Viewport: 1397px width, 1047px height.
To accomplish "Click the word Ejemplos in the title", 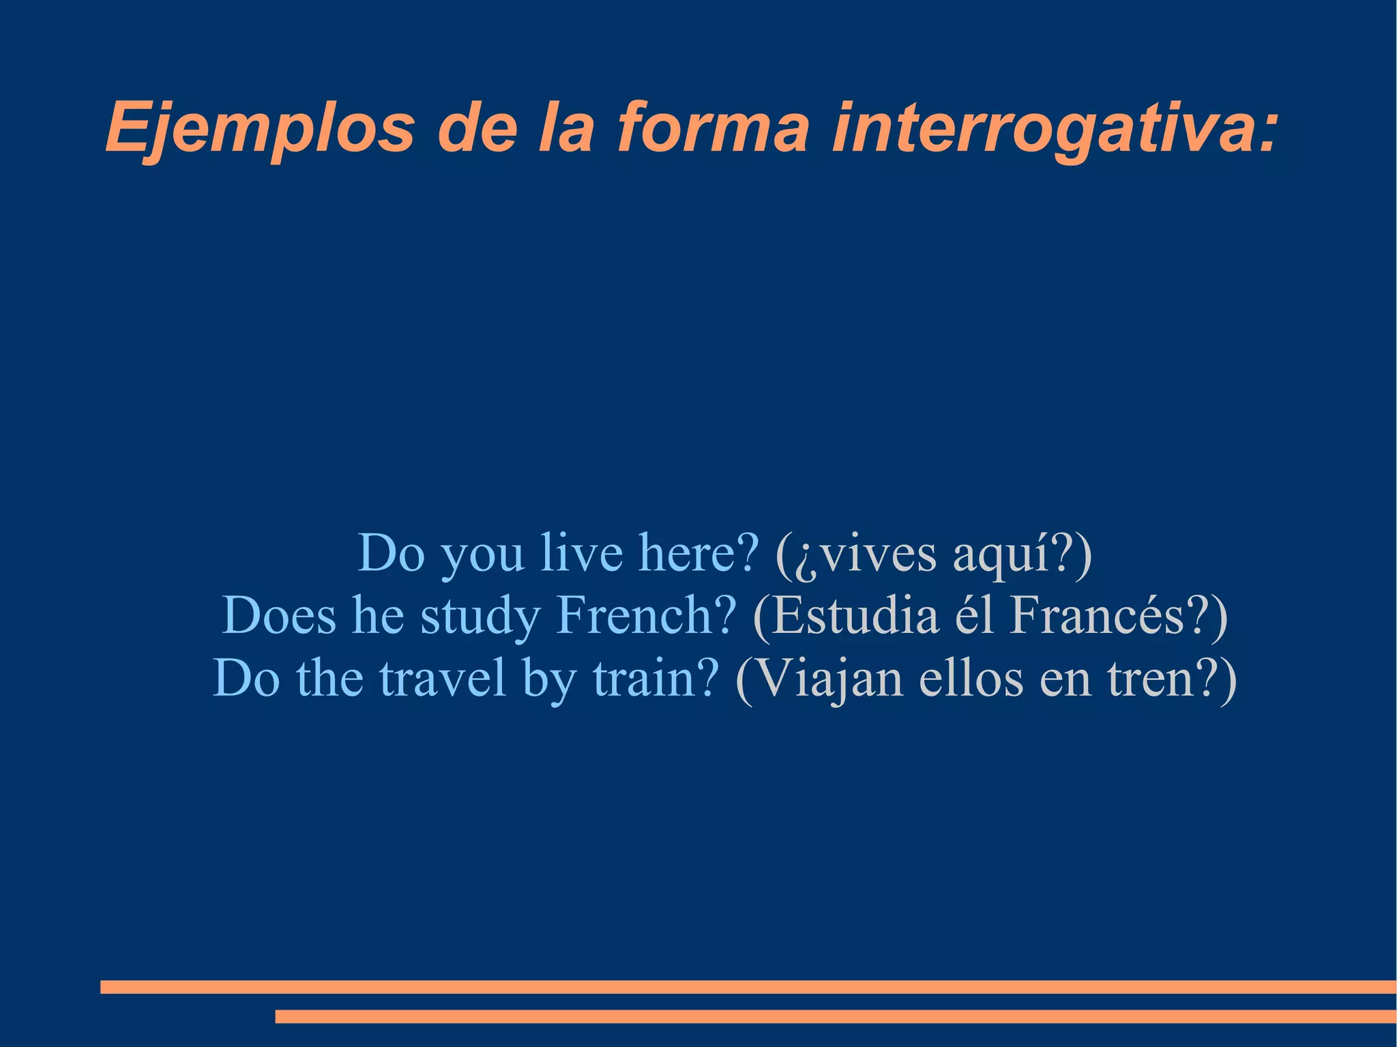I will pos(259,128).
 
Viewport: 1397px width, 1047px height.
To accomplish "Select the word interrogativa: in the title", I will pos(1054,128).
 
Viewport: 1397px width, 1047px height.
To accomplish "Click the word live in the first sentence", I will pos(581,552).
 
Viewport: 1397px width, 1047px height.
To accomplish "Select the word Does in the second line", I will pos(279,615).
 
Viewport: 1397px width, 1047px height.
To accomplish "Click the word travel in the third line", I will pos(443,678).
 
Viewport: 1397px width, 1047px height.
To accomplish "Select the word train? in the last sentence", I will pos(656,678).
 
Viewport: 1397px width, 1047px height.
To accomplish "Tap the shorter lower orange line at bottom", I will pos(836,1016).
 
